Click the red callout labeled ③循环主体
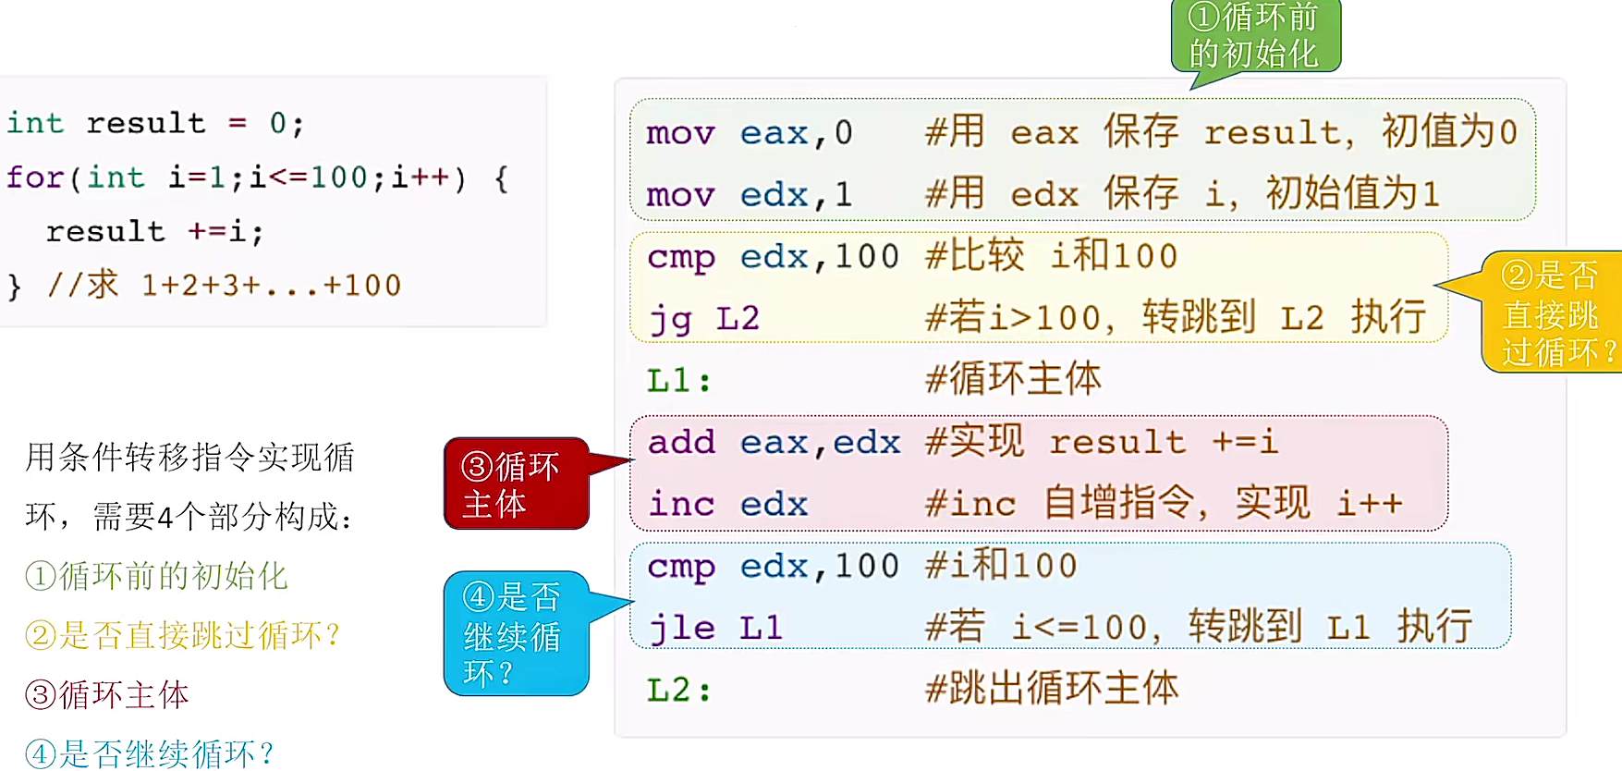click(x=515, y=483)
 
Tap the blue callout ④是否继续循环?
click(x=515, y=633)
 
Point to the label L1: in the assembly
click(x=678, y=380)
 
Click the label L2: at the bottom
click(x=678, y=690)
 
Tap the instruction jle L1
click(x=714, y=629)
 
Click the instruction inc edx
click(x=727, y=505)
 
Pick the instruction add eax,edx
click(x=774, y=443)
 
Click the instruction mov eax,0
click(x=749, y=133)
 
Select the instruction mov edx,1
click(x=749, y=195)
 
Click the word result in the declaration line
click(x=145, y=123)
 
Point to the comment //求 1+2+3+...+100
click(x=224, y=285)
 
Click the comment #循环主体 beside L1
click(x=1013, y=379)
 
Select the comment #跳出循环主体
click(x=1052, y=689)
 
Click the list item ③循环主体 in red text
click(x=107, y=695)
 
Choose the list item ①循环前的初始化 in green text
click(x=157, y=576)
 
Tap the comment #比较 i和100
click(x=1052, y=256)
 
